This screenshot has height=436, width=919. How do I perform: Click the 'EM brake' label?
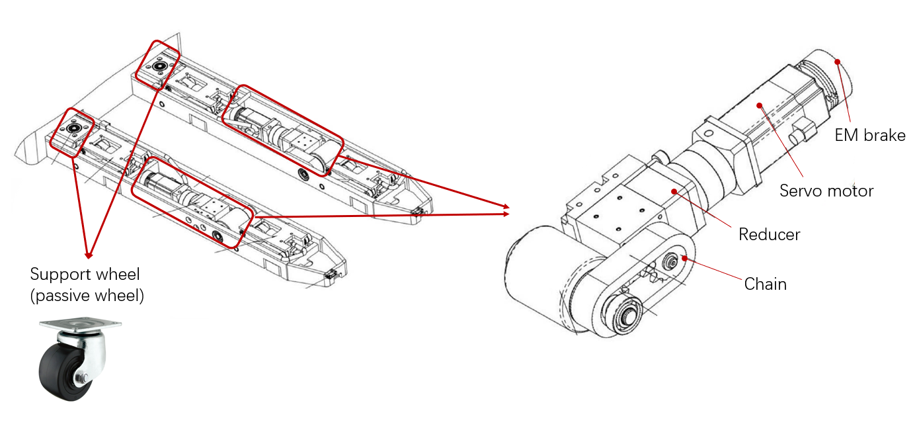coord(870,136)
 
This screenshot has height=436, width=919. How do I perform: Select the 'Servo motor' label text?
coord(826,191)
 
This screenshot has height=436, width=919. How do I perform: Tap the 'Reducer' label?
coord(770,234)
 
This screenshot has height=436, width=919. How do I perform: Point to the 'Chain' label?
coord(765,284)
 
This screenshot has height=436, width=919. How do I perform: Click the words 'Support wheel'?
coord(85,275)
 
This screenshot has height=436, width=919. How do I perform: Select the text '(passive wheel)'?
coord(87,296)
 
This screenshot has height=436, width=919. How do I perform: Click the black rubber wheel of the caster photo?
coord(61,372)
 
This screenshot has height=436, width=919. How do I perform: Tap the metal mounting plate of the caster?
coord(81,324)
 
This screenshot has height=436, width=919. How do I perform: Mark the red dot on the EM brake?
coord(838,62)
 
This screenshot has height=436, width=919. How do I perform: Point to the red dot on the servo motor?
coord(760,105)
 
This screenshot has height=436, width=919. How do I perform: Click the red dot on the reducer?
coord(674,191)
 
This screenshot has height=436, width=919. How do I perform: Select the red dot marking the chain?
coord(684,258)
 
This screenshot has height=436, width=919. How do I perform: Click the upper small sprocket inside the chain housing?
coord(671,261)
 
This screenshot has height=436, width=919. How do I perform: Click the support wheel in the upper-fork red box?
coord(157,66)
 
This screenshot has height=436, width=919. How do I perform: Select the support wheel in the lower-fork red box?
coord(73,128)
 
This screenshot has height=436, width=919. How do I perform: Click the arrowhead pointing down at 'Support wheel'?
coord(89,255)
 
